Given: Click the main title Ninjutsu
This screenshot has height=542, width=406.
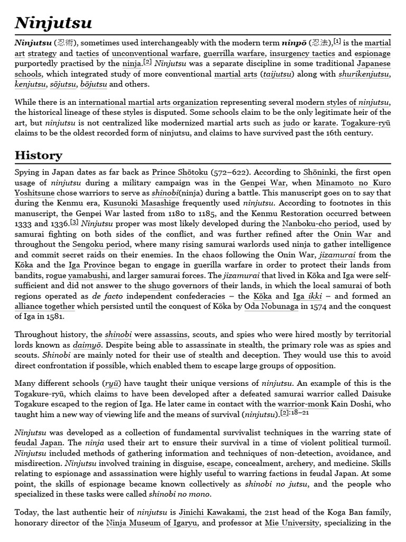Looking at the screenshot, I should pos(53,23).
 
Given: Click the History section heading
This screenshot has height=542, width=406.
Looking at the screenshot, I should pos(39,155).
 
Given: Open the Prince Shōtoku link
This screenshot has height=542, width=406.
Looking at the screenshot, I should pos(180,173).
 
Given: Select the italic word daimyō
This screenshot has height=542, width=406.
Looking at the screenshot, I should pos(87,345).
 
